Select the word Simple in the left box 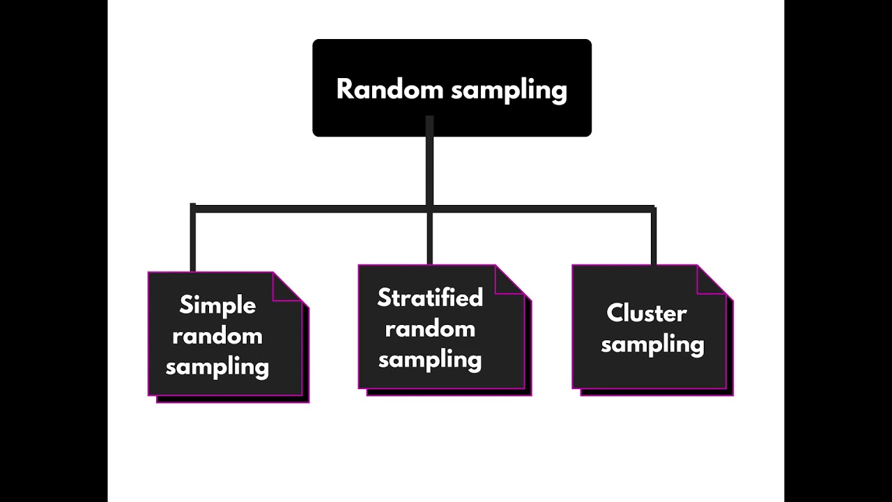[x=217, y=305]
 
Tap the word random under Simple [x=217, y=336]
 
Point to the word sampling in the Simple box [x=217, y=367]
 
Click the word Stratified [x=430, y=298]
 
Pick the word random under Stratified [x=430, y=328]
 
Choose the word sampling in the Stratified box [x=430, y=360]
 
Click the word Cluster [x=647, y=313]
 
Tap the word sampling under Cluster [x=652, y=344]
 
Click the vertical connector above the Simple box [x=193, y=241]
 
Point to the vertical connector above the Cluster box [x=653, y=237]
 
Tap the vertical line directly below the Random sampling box [x=429, y=167]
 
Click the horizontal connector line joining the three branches [x=314, y=208]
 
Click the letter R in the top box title [x=344, y=89]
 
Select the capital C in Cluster [x=615, y=313]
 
